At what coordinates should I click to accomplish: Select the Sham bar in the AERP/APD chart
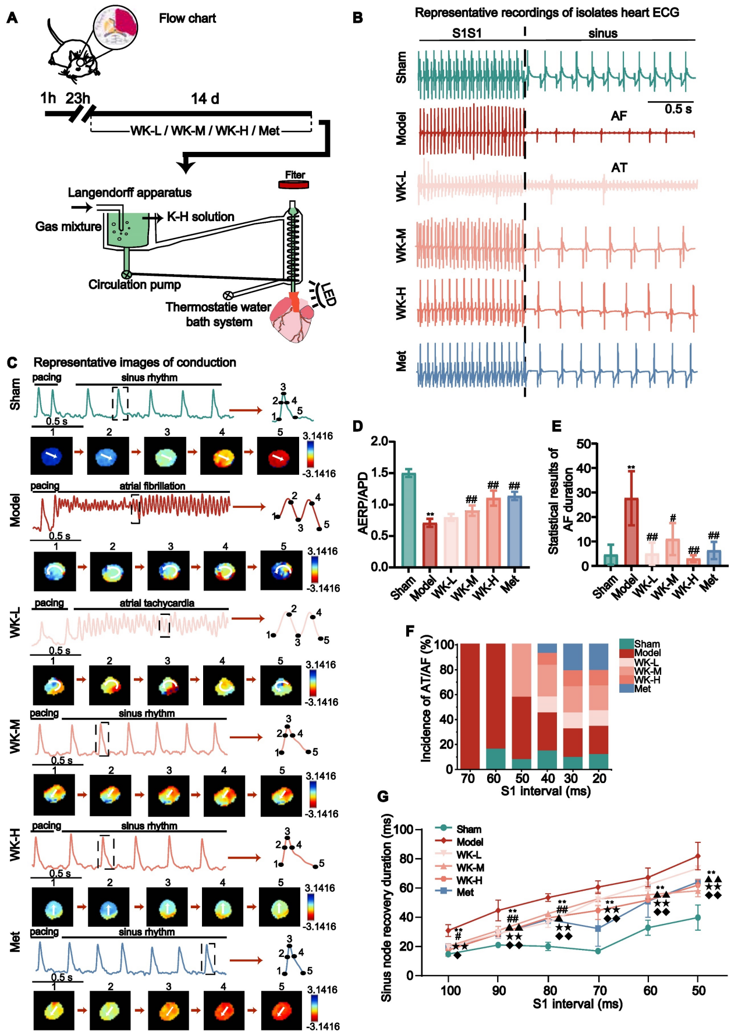pyautogui.click(x=409, y=520)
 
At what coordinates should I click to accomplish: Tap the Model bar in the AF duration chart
pyautogui.click(x=631, y=532)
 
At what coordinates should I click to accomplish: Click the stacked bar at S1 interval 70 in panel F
pyautogui.click(x=469, y=706)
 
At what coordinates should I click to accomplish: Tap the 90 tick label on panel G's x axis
pyautogui.click(x=499, y=990)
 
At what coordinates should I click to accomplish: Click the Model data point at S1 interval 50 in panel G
pyautogui.click(x=698, y=856)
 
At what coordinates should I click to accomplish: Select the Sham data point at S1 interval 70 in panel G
pyautogui.click(x=598, y=951)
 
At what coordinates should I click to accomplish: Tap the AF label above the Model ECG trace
pyautogui.click(x=619, y=116)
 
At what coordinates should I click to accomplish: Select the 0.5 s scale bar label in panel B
pyautogui.click(x=678, y=109)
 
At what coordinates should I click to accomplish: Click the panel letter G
pyautogui.click(x=383, y=796)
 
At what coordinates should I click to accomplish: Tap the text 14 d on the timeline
pyautogui.click(x=205, y=99)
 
